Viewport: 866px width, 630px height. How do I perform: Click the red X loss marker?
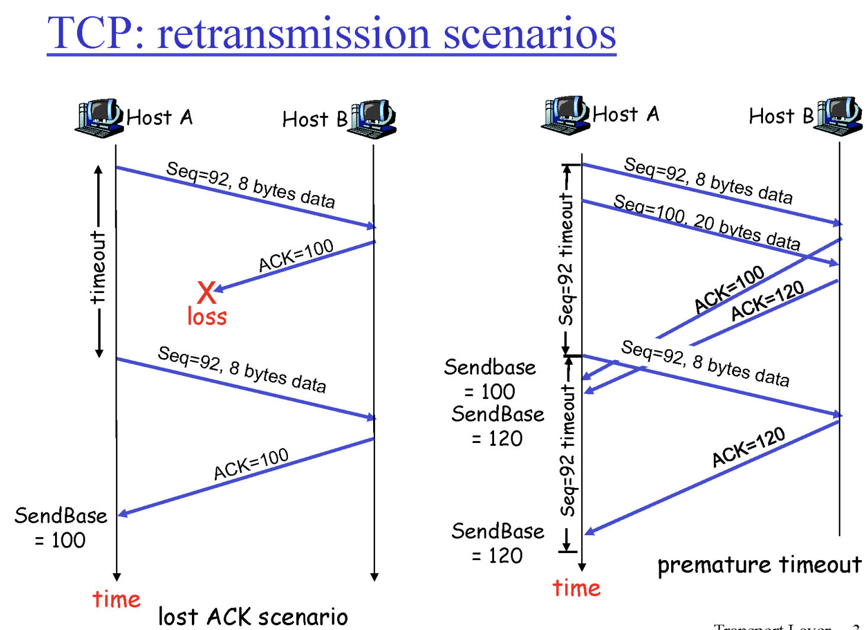207,292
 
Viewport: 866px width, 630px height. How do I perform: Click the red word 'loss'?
207,317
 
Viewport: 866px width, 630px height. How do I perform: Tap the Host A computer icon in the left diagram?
99,118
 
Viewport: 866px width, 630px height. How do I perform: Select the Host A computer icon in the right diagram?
565,115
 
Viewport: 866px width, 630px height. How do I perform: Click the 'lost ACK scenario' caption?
253,616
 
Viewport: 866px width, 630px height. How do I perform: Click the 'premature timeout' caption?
759,565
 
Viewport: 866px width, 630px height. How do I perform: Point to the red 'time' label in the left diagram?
117,599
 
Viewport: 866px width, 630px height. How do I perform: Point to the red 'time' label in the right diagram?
576,588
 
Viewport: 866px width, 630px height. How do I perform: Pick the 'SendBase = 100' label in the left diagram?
60,528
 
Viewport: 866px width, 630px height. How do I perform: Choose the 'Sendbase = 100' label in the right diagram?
490,379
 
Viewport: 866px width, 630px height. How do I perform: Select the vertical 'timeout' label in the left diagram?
98,268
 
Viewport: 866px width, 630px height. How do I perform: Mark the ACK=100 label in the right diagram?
729,288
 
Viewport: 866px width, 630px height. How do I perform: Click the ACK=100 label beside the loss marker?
296,255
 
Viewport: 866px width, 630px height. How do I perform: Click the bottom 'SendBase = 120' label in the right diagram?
498,543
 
